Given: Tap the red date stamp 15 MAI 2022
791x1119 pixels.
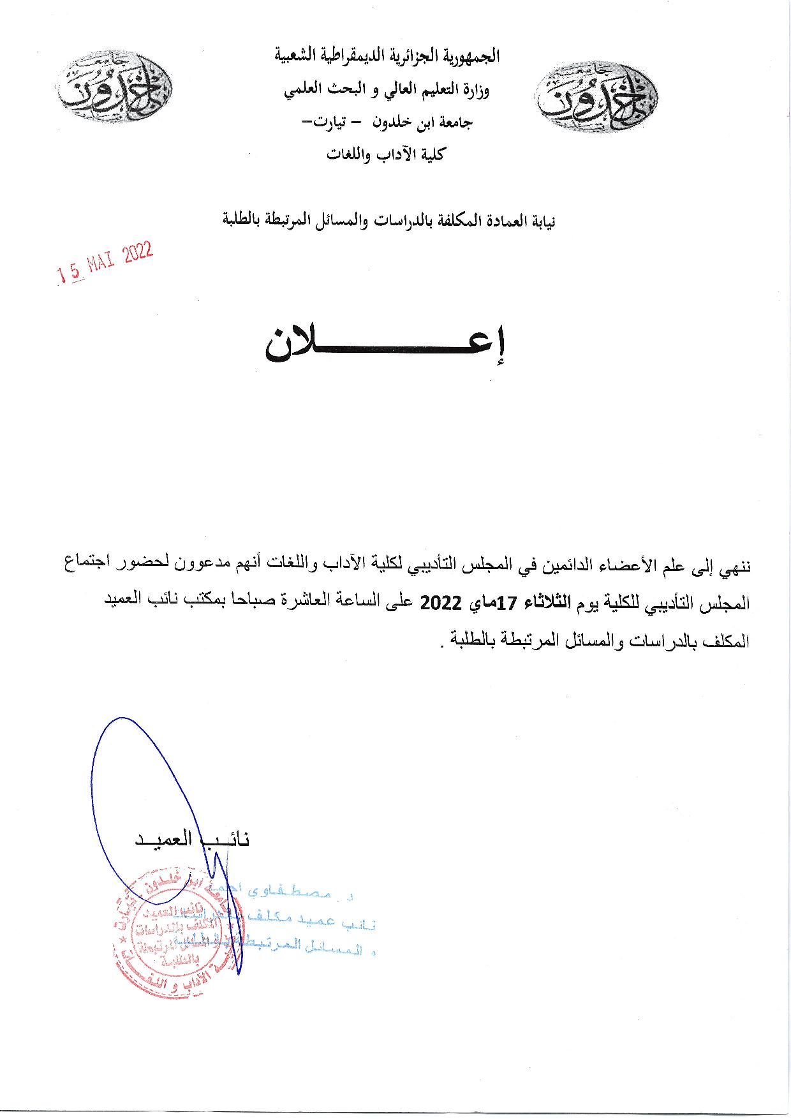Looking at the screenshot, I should click(x=105, y=263).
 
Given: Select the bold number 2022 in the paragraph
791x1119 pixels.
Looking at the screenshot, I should click(x=440, y=603).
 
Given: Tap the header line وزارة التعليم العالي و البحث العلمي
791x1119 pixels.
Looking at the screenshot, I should click(x=387, y=90).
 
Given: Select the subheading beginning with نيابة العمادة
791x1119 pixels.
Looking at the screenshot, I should click(x=388, y=221).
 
